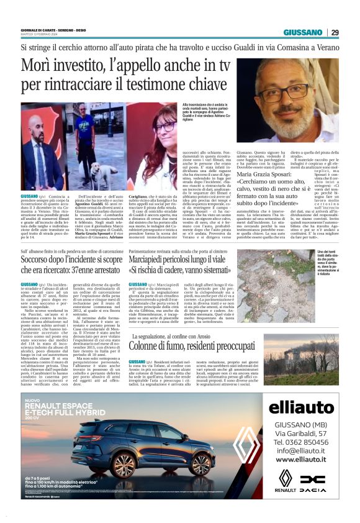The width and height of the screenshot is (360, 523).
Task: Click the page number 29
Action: point(335,32)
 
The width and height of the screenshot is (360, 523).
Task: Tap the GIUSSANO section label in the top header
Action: point(303,32)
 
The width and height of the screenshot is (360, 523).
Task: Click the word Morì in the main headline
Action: point(38,65)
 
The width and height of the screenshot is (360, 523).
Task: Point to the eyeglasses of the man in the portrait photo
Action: point(289,93)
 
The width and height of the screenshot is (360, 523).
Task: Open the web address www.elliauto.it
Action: point(302,459)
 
